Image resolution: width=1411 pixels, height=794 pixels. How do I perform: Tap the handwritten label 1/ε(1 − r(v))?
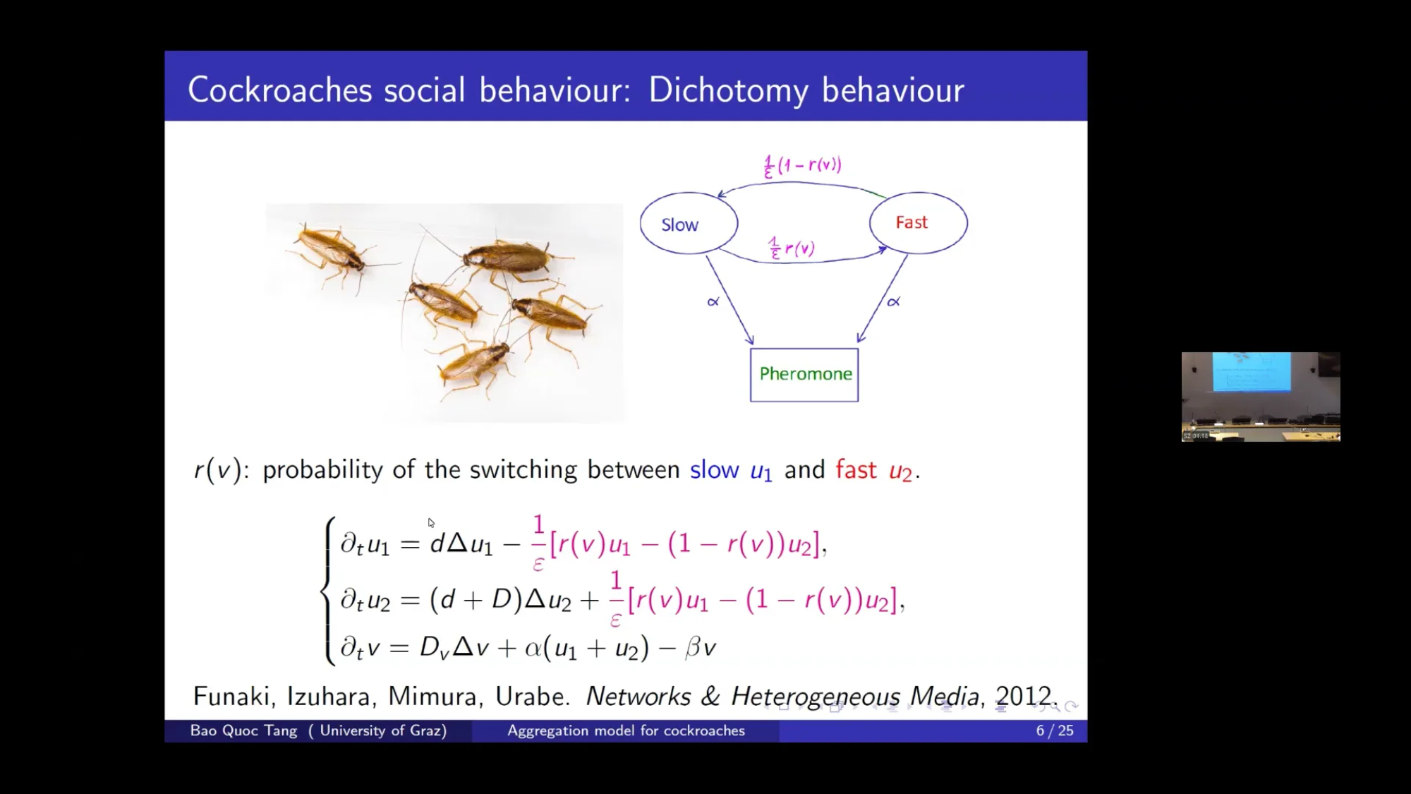click(802, 166)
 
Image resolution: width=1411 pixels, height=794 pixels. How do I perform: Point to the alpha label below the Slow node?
click(713, 301)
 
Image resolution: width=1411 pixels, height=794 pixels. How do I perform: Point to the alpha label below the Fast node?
click(894, 301)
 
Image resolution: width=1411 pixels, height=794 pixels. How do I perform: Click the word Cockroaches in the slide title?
click(280, 90)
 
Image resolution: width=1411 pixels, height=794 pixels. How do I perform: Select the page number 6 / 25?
click(1055, 730)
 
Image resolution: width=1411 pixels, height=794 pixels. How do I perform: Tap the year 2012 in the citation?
click(1024, 696)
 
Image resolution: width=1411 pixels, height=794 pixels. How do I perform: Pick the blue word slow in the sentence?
click(714, 469)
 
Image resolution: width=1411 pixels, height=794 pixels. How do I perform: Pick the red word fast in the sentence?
click(856, 469)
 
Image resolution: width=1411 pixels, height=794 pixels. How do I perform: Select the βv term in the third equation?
click(701, 646)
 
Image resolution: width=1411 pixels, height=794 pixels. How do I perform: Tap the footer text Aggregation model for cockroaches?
click(626, 730)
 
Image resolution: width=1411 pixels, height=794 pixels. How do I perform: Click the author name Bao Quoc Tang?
click(243, 730)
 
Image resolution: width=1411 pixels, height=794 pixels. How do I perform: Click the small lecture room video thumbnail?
click(1261, 397)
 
